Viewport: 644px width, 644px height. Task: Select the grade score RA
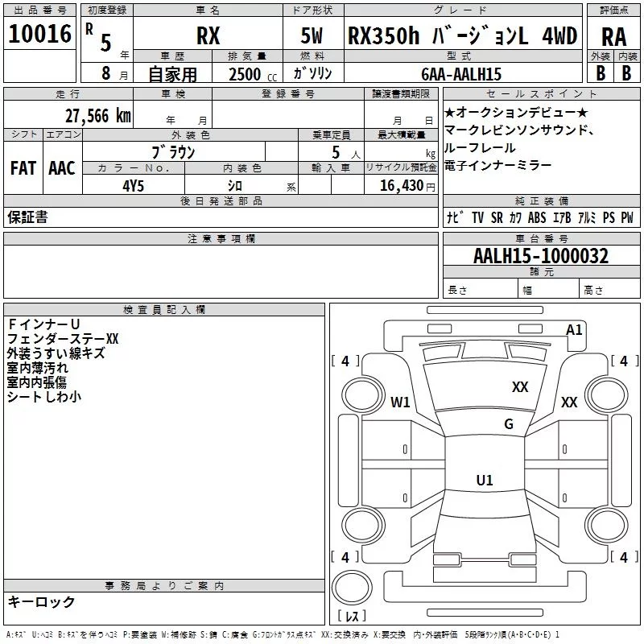pyautogui.click(x=613, y=36)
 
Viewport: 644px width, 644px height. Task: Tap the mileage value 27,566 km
pyautogui.click(x=97, y=116)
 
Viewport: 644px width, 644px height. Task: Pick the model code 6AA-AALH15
pyautogui.click(x=461, y=74)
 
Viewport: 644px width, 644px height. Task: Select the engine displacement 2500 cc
pyautogui.click(x=246, y=74)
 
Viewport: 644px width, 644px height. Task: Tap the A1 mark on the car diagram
pyautogui.click(x=574, y=329)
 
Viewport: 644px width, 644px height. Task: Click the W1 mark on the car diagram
pyautogui.click(x=400, y=402)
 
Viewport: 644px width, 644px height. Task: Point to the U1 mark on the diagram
pyautogui.click(x=484, y=481)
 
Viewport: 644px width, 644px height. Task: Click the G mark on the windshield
pyautogui.click(x=508, y=424)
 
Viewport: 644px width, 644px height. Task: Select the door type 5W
pyautogui.click(x=313, y=36)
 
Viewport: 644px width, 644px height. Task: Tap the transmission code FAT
pyautogui.click(x=23, y=167)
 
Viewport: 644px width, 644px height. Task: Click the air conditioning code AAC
pyautogui.click(x=61, y=167)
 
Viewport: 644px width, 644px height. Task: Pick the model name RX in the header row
pyautogui.click(x=208, y=36)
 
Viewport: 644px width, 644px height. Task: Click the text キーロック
pyautogui.click(x=41, y=601)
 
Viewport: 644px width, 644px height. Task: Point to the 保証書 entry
pyautogui.click(x=27, y=217)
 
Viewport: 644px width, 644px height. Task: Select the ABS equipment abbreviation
pyautogui.click(x=537, y=217)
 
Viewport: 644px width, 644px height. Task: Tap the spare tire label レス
pyautogui.click(x=352, y=617)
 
